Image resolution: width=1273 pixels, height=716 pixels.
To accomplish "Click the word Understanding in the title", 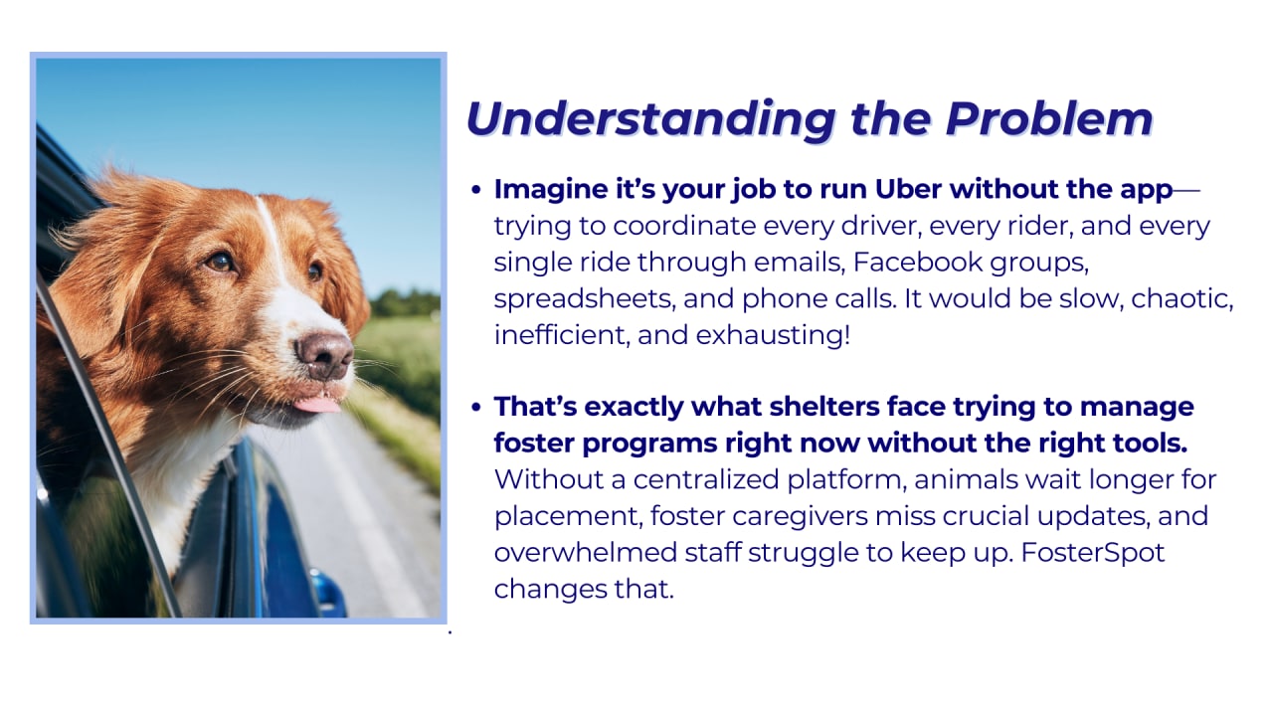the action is (650, 120).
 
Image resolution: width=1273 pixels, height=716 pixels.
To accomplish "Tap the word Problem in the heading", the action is (1049, 118).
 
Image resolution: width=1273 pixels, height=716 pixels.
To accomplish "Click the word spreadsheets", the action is (584, 299).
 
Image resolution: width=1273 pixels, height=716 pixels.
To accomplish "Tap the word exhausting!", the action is (773, 335).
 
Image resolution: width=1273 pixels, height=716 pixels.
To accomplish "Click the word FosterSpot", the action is (1093, 553).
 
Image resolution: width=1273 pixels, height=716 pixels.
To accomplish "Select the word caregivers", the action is (800, 517).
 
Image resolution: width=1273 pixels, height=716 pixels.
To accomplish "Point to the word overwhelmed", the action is (586, 553).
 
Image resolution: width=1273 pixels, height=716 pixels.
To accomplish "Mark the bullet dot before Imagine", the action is (476, 190).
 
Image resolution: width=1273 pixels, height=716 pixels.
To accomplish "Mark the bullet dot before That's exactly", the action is (476, 408).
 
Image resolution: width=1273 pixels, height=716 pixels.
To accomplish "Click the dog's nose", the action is (324, 355).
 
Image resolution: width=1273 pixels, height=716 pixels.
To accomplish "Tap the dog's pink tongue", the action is (317, 405).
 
